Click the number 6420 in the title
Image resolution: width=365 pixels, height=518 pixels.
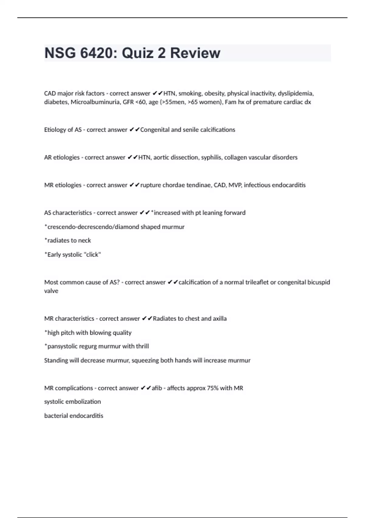point(97,53)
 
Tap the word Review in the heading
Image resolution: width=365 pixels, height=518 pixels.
point(195,53)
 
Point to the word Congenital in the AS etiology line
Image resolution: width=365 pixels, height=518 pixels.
point(155,130)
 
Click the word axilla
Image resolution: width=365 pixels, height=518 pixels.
point(220,319)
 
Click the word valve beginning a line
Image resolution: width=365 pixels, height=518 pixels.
point(51,291)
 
